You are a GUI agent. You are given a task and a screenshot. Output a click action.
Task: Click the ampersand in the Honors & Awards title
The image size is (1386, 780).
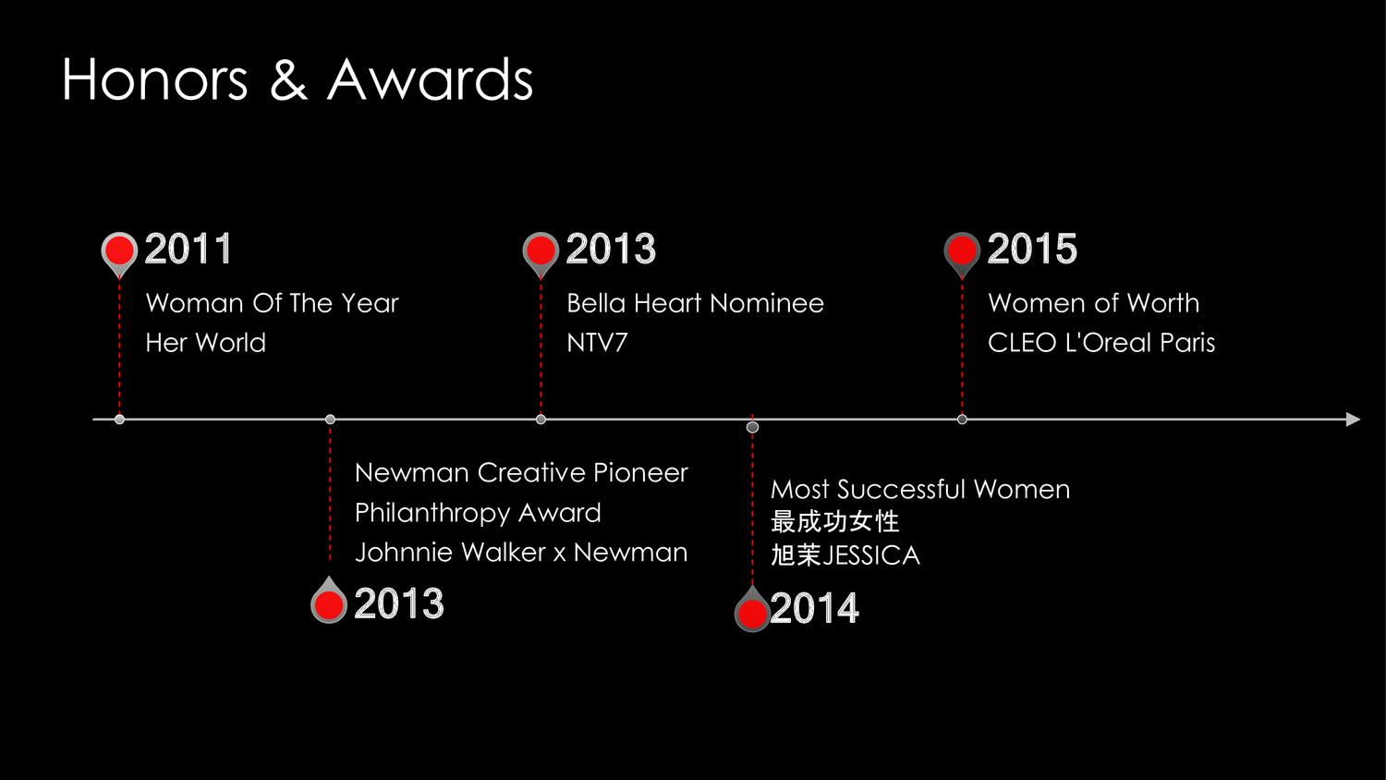[x=288, y=79]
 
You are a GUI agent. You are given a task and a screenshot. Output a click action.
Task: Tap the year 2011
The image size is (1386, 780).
[x=188, y=249]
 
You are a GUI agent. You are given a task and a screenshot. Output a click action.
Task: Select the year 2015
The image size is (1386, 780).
[x=1032, y=249]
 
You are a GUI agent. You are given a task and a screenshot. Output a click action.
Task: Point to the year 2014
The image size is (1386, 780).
[x=814, y=608]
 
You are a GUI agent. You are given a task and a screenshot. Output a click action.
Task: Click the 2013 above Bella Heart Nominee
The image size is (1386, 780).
[x=611, y=249]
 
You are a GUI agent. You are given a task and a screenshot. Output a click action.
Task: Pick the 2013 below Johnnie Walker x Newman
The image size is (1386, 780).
[x=399, y=603]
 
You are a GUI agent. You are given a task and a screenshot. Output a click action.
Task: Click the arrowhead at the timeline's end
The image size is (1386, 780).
[x=1354, y=420]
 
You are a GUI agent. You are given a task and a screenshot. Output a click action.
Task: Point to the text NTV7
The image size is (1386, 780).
[x=597, y=343]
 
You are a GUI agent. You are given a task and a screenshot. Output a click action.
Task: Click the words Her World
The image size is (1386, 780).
[x=205, y=343]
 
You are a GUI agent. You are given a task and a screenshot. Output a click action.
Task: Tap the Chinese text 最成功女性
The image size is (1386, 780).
[x=834, y=522]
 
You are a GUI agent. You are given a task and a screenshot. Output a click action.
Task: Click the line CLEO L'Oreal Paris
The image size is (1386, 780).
[x=1101, y=343]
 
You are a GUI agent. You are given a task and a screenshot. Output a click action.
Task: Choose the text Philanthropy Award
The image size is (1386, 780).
[x=478, y=513]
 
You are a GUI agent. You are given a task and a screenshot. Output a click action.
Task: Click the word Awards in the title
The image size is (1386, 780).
[x=430, y=79]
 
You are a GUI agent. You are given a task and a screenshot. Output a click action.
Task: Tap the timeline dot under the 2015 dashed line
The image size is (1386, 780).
[x=962, y=420]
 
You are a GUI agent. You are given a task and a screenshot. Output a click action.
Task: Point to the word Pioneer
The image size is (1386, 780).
[x=640, y=473]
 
